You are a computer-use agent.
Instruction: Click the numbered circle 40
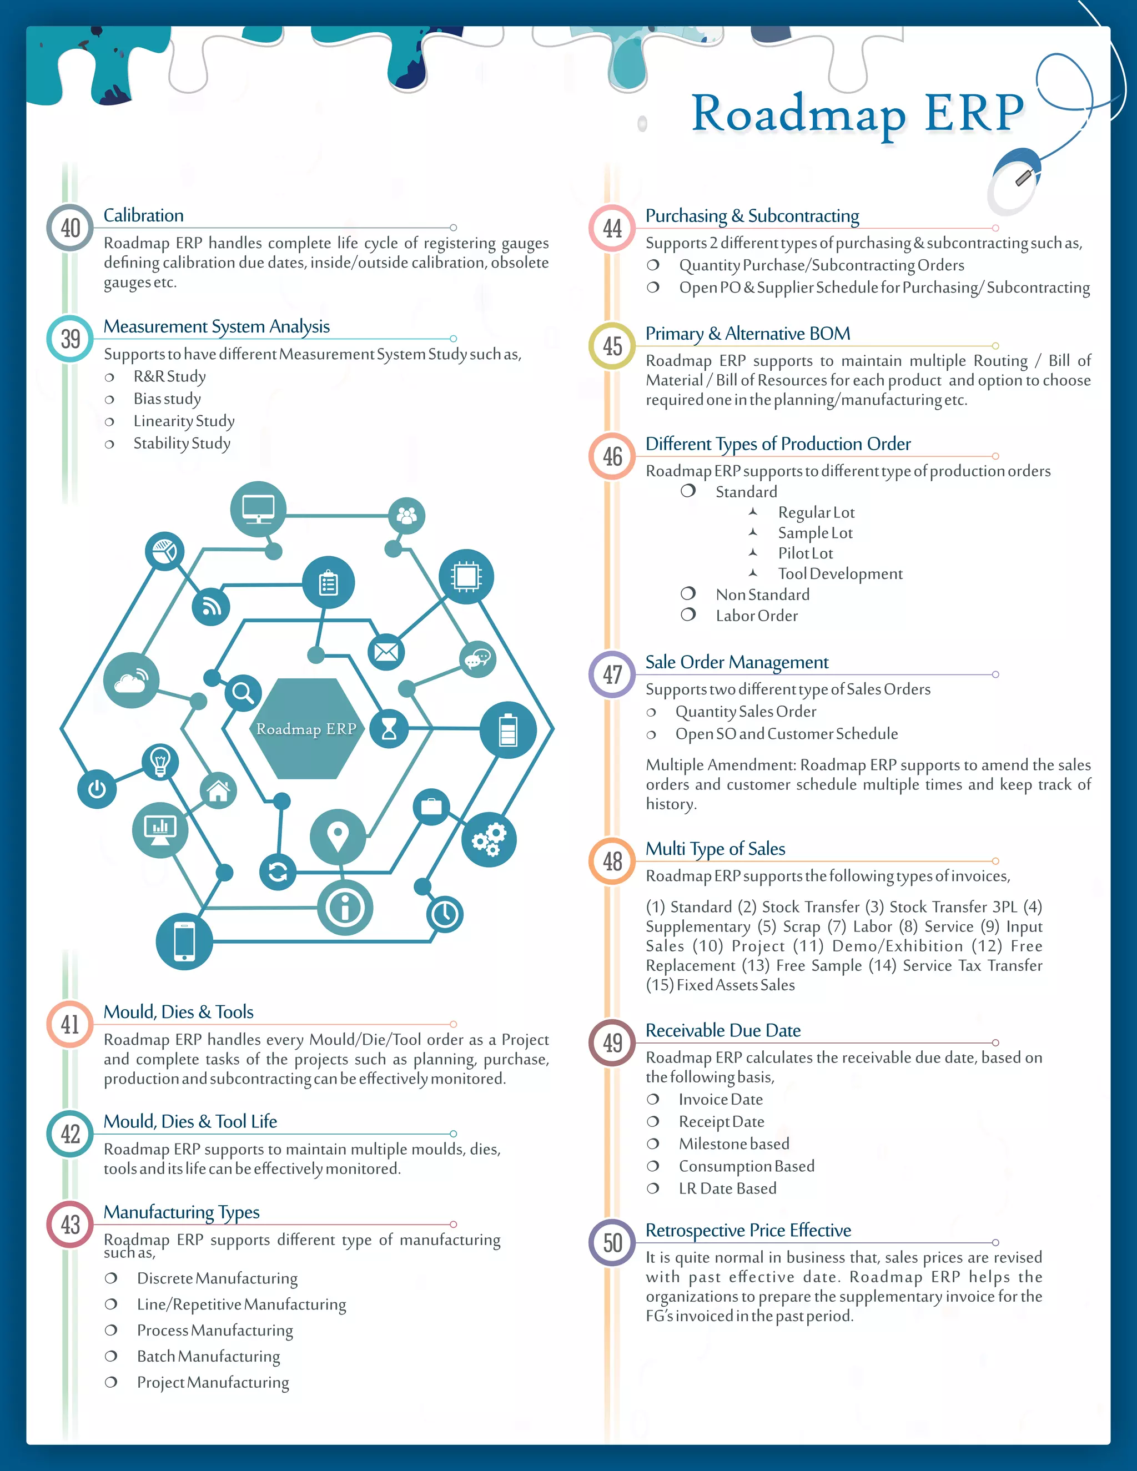(x=70, y=228)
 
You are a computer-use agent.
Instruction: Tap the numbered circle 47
(x=612, y=674)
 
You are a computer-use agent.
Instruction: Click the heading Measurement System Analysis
(x=216, y=326)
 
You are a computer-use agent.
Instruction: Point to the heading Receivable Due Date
(x=723, y=1030)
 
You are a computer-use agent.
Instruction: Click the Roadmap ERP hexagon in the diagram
(x=306, y=729)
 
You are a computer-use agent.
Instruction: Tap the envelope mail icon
(x=386, y=652)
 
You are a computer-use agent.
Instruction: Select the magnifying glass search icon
(x=243, y=692)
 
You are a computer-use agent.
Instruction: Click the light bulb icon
(x=160, y=762)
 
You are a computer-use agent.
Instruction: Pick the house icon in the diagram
(x=218, y=792)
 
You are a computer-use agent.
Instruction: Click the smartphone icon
(x=184, y=941)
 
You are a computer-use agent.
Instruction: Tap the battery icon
(x=508, y=730)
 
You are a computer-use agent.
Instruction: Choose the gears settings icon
(x=489, y=839)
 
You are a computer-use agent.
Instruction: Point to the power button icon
(x=97, y=789)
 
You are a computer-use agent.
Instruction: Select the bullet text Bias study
(x=167, y=399)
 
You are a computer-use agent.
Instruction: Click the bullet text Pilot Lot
(x=806, y=553)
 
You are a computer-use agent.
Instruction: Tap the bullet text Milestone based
(x=733, y=1143)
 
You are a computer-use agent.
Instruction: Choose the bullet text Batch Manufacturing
(x=208, y=1357)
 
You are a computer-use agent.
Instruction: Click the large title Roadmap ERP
(x=857, y=113)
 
